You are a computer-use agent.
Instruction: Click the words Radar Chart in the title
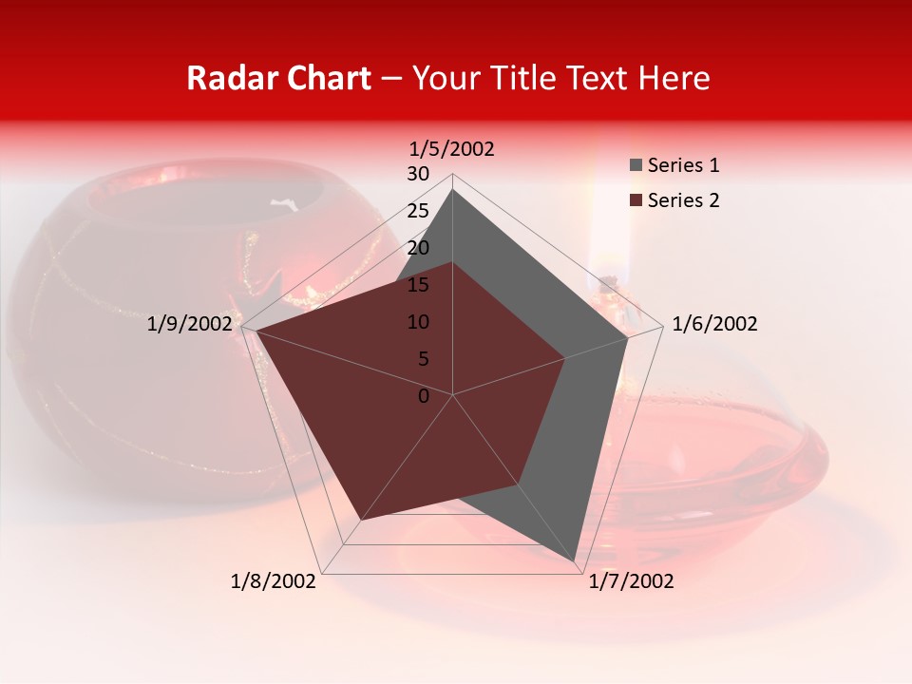(278, 78)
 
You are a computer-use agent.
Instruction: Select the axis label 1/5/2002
(452, 149)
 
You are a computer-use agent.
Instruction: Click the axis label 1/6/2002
(714, 324)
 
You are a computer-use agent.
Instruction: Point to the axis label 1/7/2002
(631, 581)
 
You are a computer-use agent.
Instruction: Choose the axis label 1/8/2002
(274, 581)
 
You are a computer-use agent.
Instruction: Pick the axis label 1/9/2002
(189, 324)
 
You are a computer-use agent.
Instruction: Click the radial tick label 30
(418, 174)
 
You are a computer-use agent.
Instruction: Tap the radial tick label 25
(418, 211)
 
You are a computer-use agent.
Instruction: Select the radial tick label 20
(418, 248)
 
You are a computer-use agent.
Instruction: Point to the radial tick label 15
(418, 285)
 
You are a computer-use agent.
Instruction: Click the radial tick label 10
(418, 322)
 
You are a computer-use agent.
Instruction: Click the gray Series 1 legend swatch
(636, 166)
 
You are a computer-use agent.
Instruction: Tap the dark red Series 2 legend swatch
(636, 200)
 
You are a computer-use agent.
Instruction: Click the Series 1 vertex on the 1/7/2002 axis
(576, 560)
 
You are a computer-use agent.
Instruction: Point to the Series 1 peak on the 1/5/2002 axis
(452, 189)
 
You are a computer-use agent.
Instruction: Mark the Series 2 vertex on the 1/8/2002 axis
(361, 520)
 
